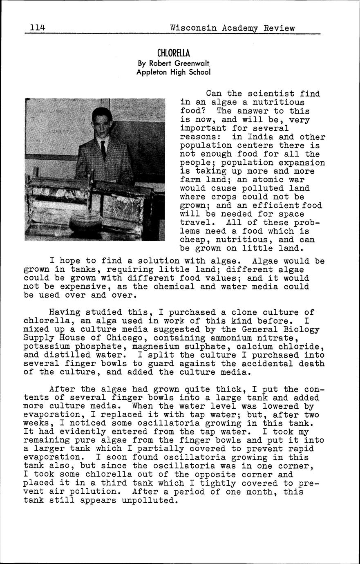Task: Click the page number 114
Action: pyautogui.click(x=37, y=28)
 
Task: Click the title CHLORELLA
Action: pyautogui.click(x=174, y=53)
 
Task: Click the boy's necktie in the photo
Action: pyautogui.click(x=103, y=150)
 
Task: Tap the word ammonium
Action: pyautogui.click(x=229, y=338)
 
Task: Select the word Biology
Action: pyautogui.click(x=299, y=329)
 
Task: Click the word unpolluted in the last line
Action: pyautogui.click(x=150, y=501)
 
